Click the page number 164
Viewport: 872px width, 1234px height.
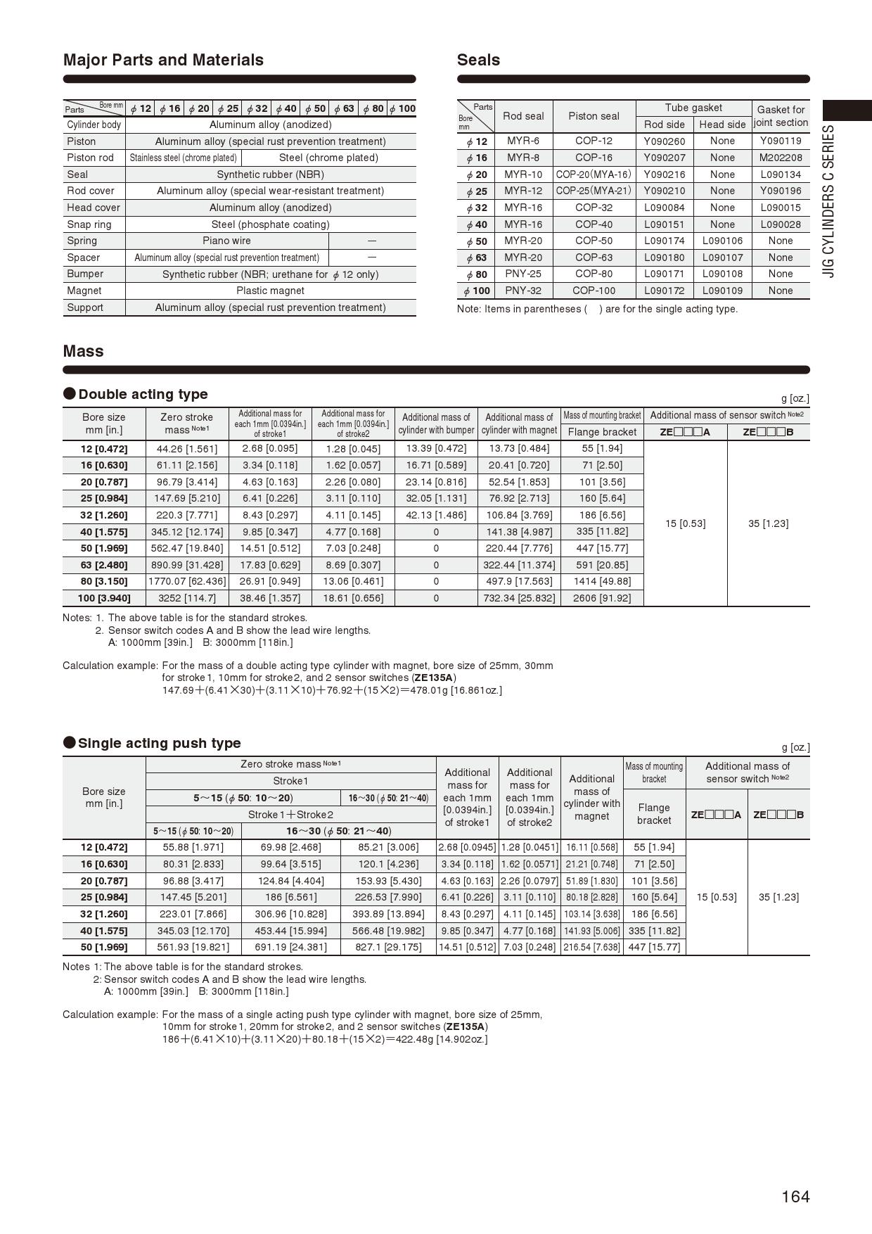[795, 1197]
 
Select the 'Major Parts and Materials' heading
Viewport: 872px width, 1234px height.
[163, 60]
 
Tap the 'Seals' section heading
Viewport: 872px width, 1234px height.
[478, 60]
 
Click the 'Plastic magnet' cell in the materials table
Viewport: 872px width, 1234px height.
[270, 291]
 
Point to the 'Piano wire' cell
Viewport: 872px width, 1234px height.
[226, 241]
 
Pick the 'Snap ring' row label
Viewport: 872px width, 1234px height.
[89, 224]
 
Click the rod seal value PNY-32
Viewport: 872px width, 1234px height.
[523, 291]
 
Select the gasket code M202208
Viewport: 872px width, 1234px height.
[781, 158]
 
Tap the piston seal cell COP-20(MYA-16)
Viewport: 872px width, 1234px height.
[594, 174]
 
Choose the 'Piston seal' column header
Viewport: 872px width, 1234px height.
[594, 116]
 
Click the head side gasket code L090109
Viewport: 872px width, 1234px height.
[722, 291]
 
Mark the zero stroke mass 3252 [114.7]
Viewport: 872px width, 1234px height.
[186, 598]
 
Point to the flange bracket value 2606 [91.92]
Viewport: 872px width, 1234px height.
[602, 598]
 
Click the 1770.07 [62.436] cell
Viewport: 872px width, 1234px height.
[187, 581]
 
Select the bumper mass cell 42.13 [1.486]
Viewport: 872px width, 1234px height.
[436, 515]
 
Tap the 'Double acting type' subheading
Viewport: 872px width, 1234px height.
[143, 394]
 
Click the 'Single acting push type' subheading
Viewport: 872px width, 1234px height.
[159, 743]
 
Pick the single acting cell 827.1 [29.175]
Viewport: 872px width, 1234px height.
[388, 947]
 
